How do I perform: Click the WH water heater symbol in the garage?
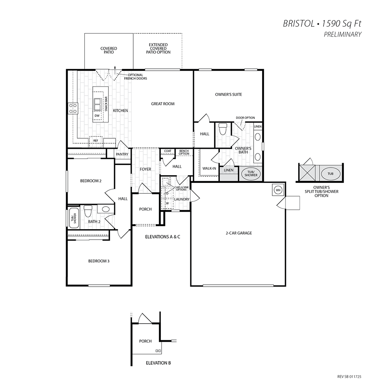click(x=278, y=190)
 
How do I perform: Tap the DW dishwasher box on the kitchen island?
click(x=97, y=116)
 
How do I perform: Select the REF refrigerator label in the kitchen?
click(x=96, y=141)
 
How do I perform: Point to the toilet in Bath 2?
click(x=88, y=211)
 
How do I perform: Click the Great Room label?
click(x=163, y=104)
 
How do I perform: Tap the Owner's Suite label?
click(x=229, y=94)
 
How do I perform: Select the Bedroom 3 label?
click(x=99, y=261)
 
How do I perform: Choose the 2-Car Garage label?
click(x=239, y=233)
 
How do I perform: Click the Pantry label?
click(x=122, y=154)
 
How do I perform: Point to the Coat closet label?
click(x=167, y=151)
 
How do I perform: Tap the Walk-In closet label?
click(x=209, y=169)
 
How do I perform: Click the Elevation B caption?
click(x=158, y=363)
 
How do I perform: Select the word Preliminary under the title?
click(x=343, y=35)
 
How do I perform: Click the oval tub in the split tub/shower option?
click(x=331, y=174)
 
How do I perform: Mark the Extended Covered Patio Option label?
click(x=158, y=49)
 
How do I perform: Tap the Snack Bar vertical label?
click(x=106, y=104)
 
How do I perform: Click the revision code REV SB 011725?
click(x=350, y=377)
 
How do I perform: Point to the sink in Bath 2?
click(x=106, y=209)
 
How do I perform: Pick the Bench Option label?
click(x=184, y=152)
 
